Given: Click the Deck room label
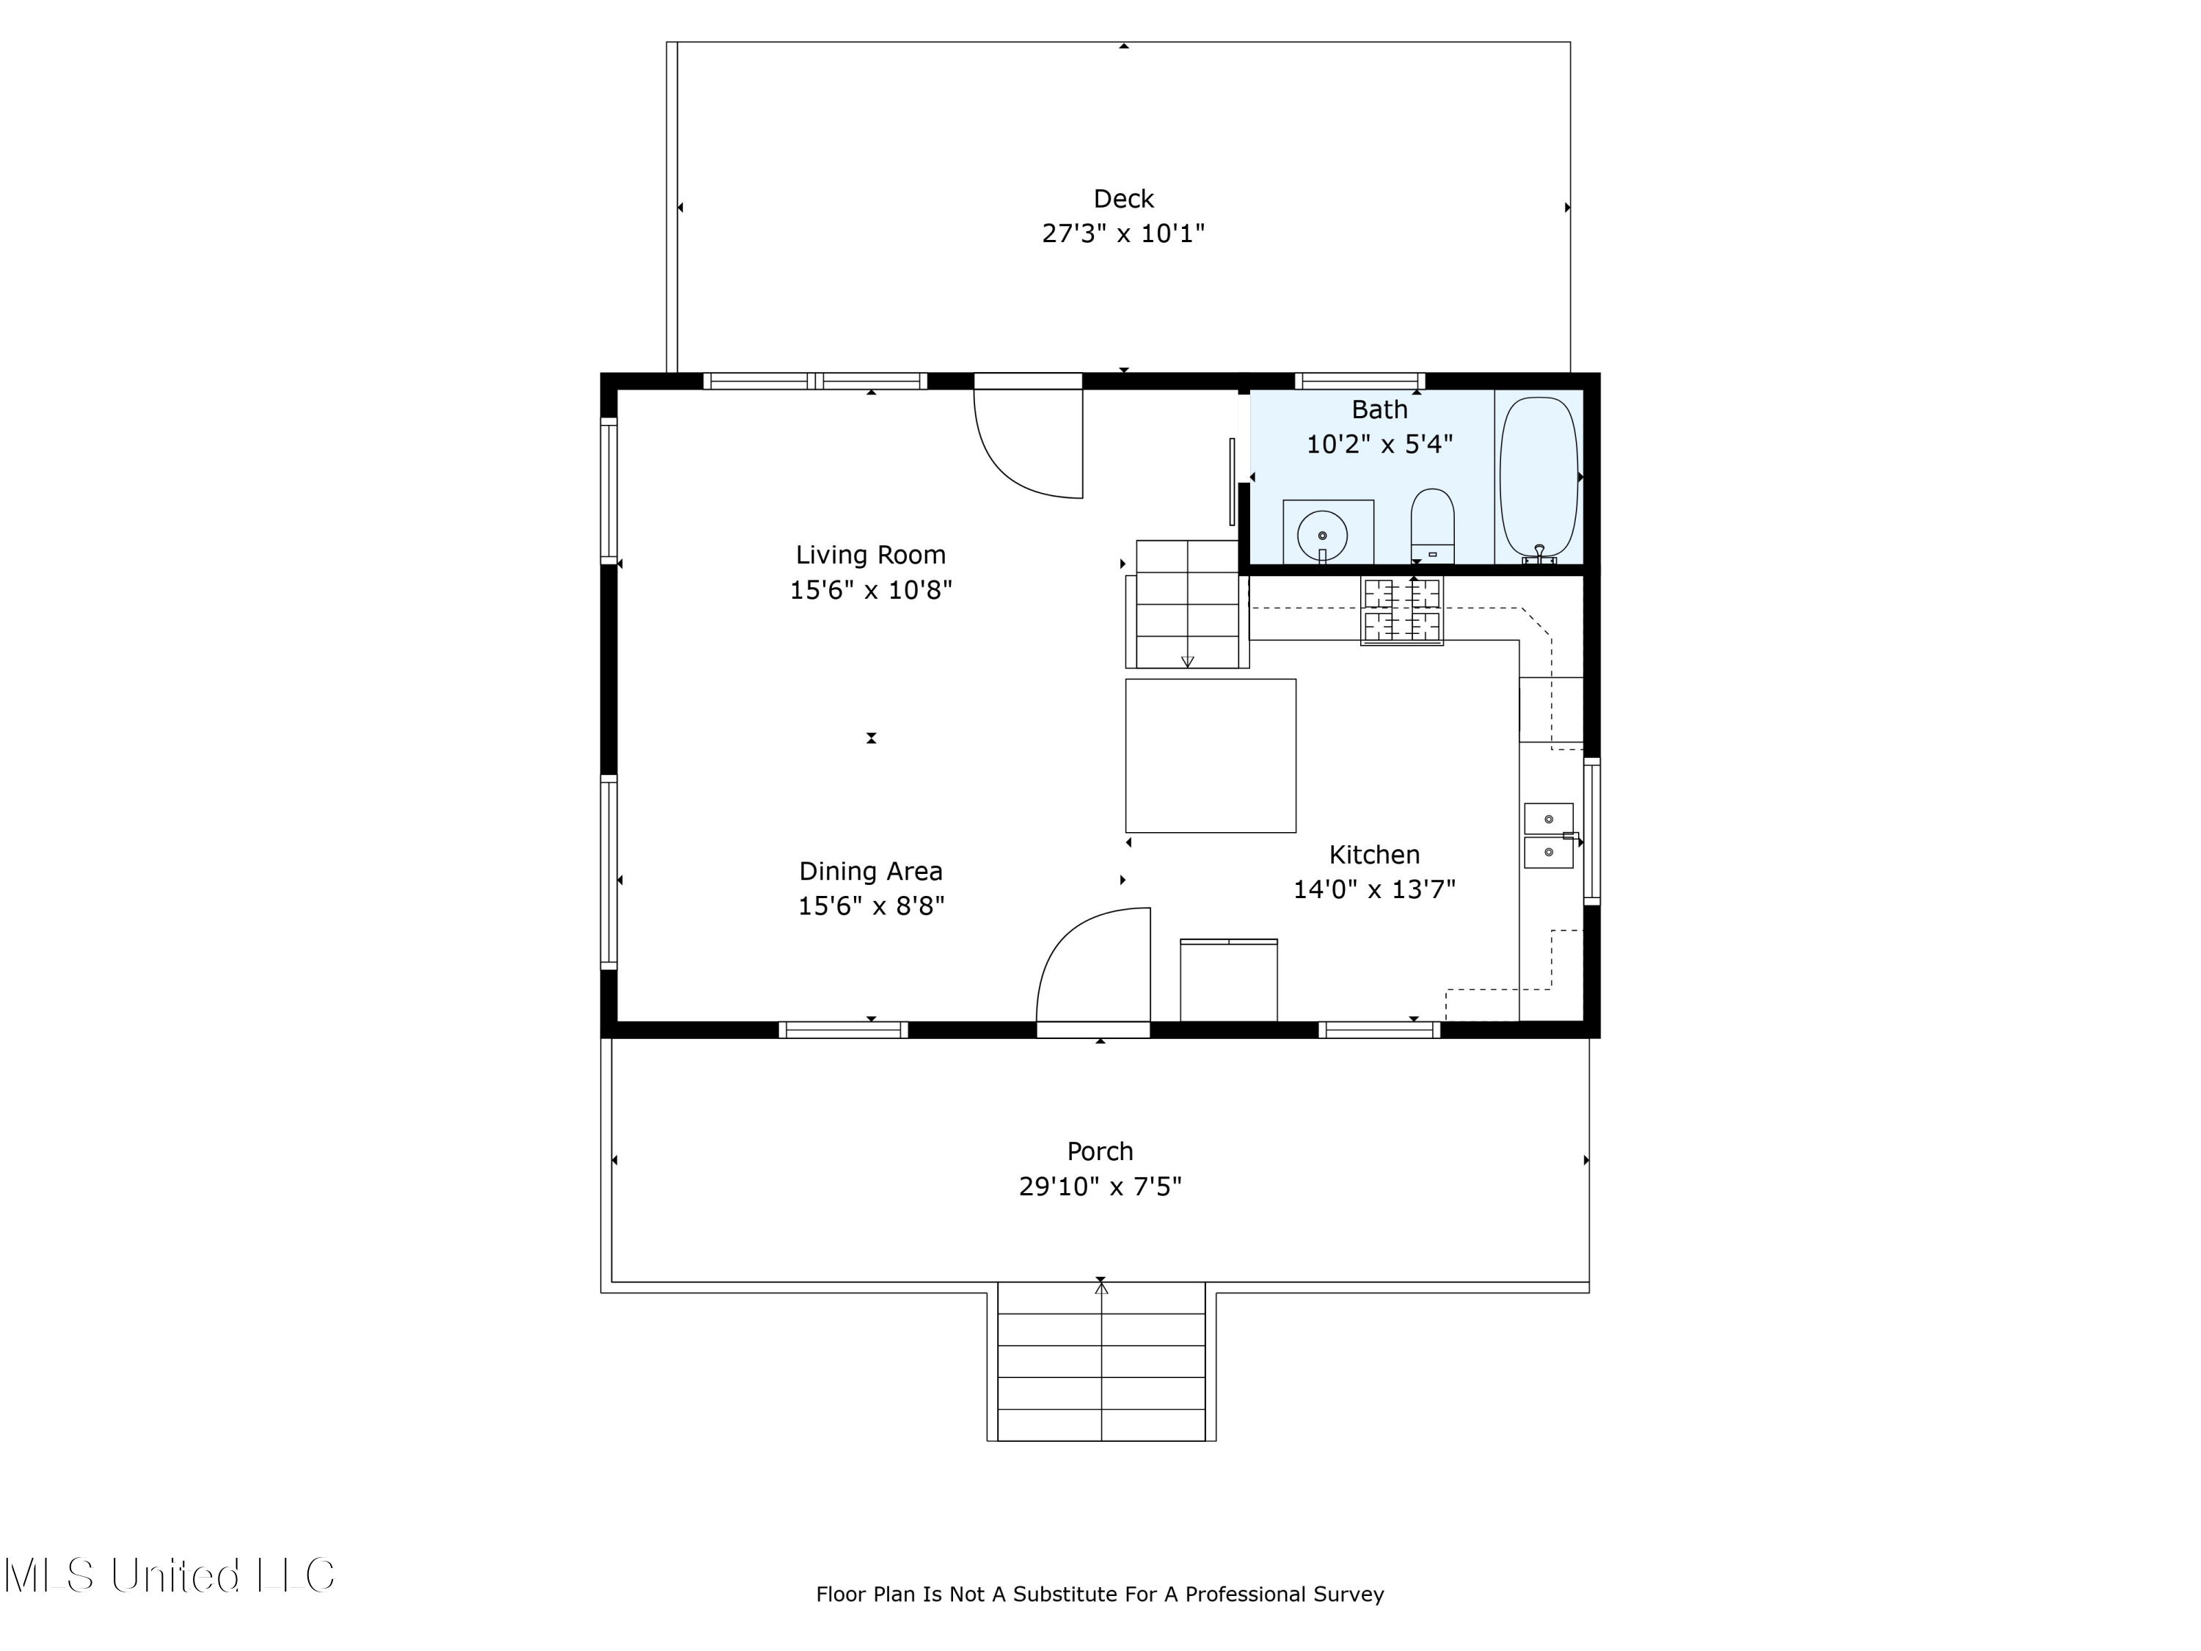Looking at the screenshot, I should pyautogui.click(x=1123, y=199).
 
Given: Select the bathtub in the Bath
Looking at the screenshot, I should pyautogui.click(x=1538, y=478).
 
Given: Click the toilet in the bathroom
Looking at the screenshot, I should pyautogui.click(x=1432, y=525).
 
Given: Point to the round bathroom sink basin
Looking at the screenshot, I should pyautogui.click(x=1322, y=536).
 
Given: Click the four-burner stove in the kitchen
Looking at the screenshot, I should pyautogui.click(x=1402, y=610).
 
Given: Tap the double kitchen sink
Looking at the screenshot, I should pyautogui.click(x=1548, y=836).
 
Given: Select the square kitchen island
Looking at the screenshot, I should pyautogui.click(x=1210, y=755).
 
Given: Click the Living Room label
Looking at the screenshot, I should pyautogui.click(x=871, y=555).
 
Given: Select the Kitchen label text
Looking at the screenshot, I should pyautogui.click(x=1374, y=855).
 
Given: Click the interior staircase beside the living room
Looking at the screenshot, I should pyautogui.click(x=1187, y=604).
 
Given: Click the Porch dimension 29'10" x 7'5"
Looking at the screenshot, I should pyautogui.click(x=1100, y=1187).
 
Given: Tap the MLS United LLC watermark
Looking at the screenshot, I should pyautogui.click(x=169, y=1576).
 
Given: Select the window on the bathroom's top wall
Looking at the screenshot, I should pyautogui.click(x=1359, y=380).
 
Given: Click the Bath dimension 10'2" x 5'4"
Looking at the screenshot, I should pyautogui.click(x=1379, y=445).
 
